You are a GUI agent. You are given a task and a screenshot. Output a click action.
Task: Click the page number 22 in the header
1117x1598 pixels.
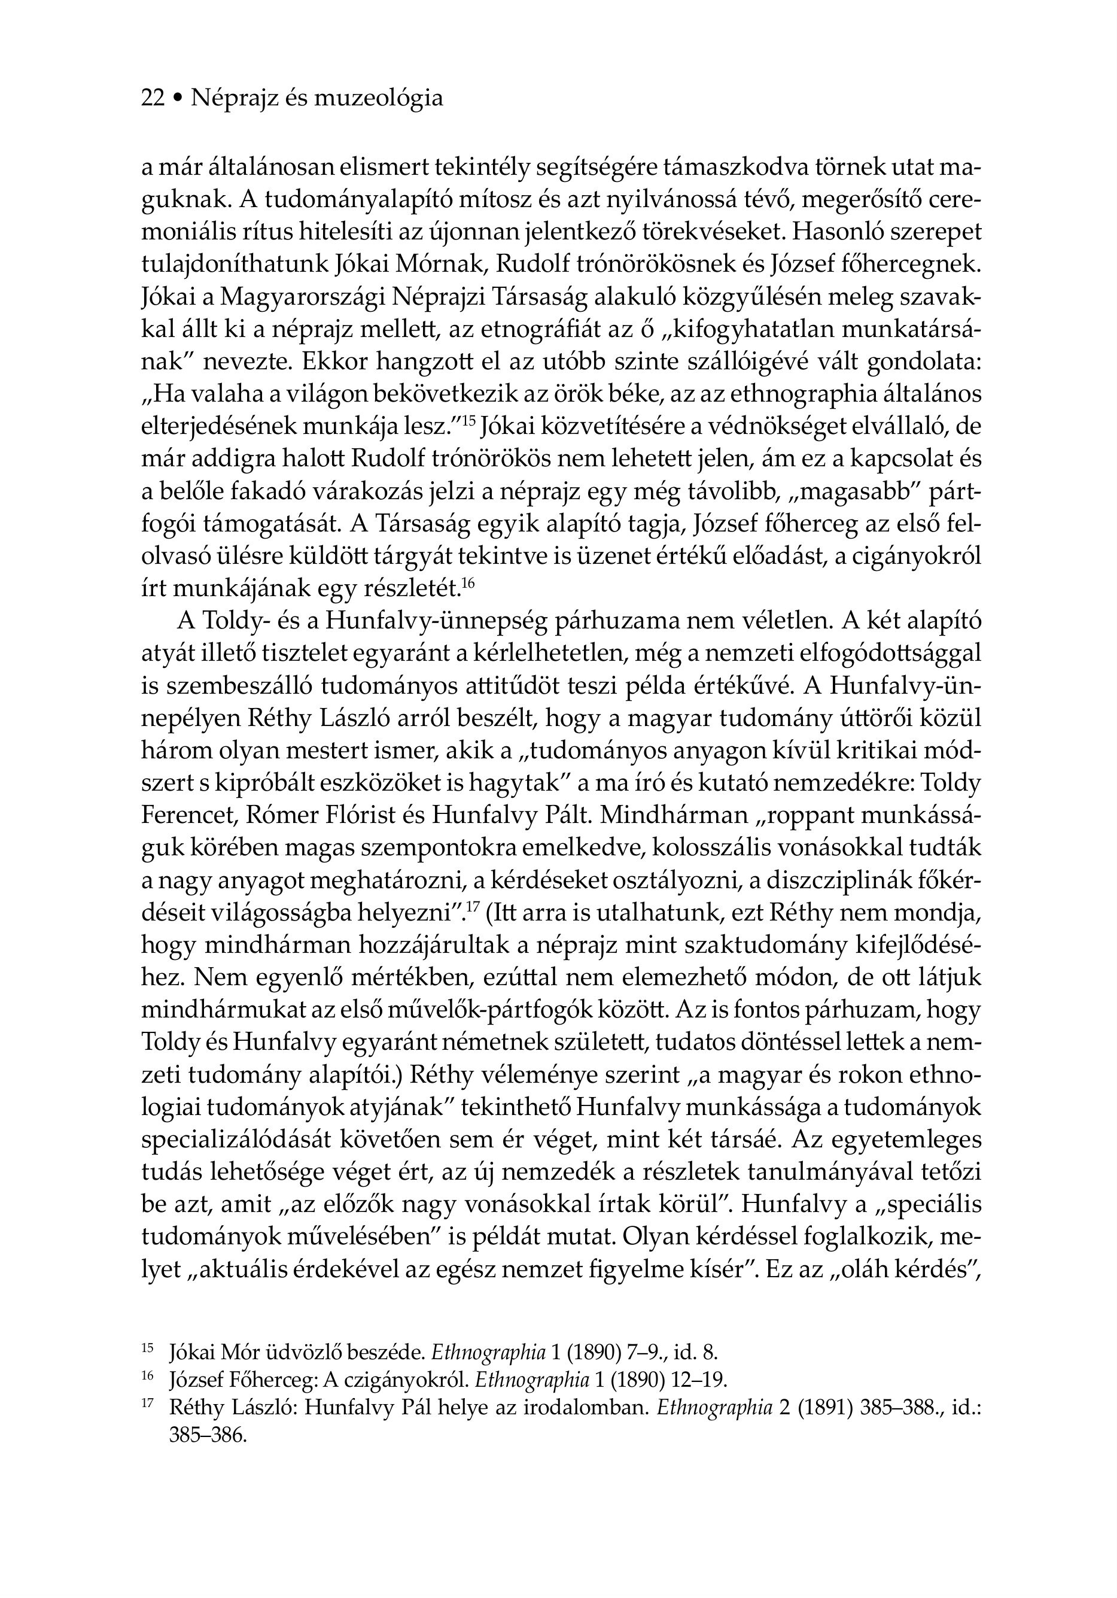click(153, 99)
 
